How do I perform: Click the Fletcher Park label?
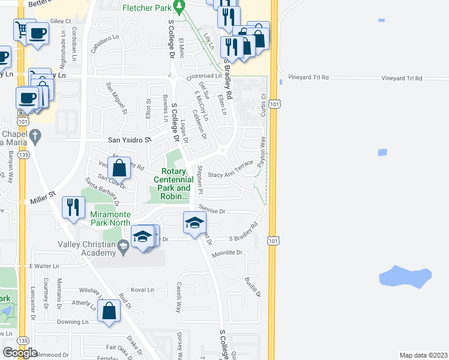(146, 7)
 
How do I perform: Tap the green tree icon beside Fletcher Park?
(178, 7)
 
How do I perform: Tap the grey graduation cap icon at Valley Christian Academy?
(122, 245)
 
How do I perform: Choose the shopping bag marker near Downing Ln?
(109, 311)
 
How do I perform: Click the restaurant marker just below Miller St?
(73, 208)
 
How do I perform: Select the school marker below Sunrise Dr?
(194, 224)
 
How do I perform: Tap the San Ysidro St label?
(128, 140)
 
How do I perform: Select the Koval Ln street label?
(142, 290)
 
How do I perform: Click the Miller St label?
(43, 198)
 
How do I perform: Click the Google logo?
(20, 353)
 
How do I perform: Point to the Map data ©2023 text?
(423, 355)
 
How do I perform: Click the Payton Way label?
(262, 152)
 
